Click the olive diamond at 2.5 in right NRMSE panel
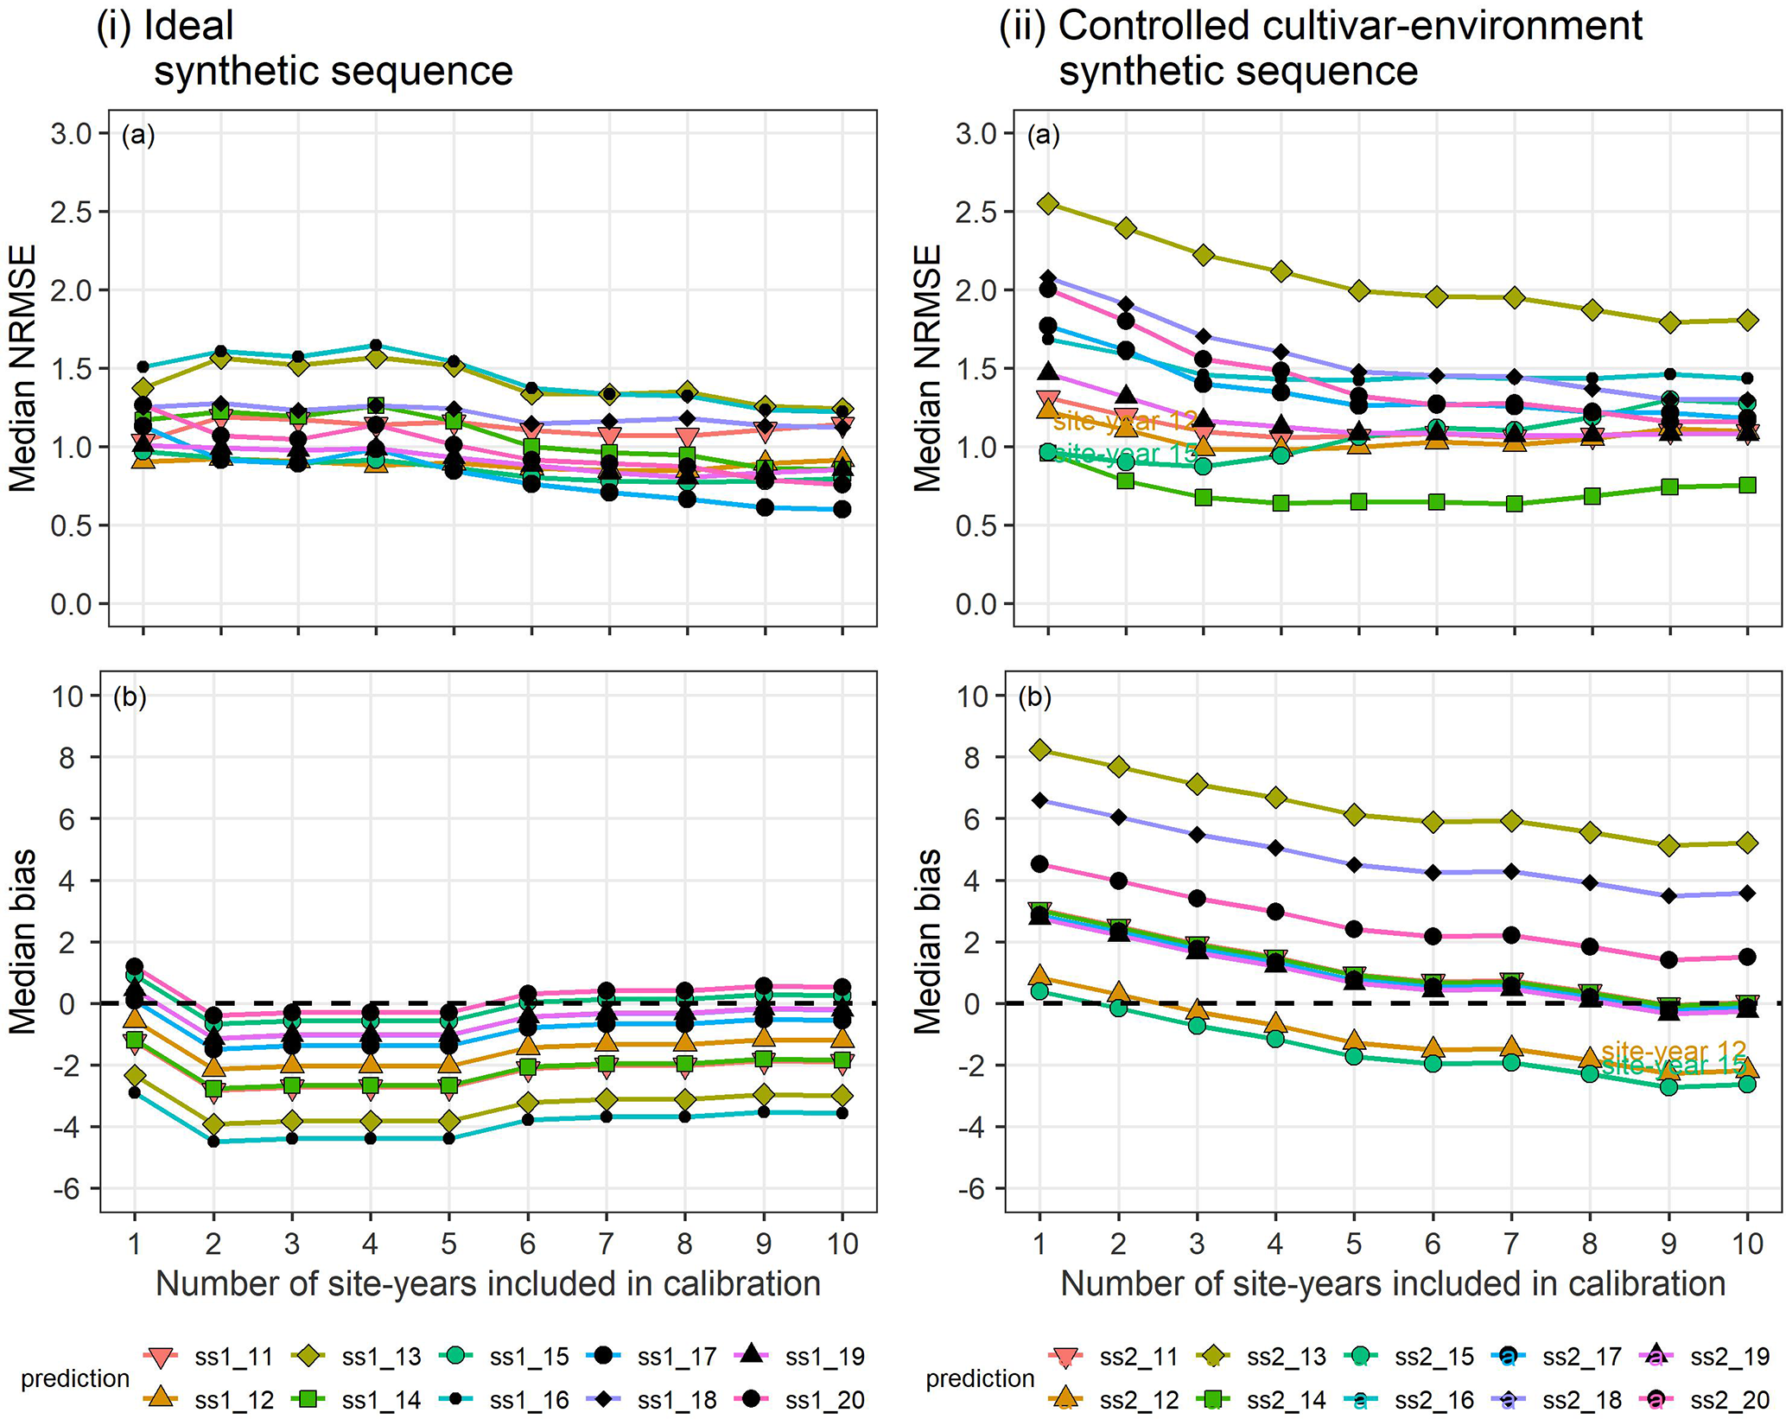[1048, 204]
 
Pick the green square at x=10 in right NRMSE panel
[1747, 485]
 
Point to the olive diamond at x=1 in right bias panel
[1040, 750]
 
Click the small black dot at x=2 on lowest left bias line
[213, 1142]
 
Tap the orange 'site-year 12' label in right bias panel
[1673, 1051]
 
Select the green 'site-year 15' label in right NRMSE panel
[1123, 452]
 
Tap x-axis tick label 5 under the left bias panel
[448, 1244]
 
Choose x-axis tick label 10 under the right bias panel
[1747, 1244]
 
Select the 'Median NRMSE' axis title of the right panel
[928, 368]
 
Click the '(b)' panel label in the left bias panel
[130, 697]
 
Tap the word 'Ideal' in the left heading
[189, 26]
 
